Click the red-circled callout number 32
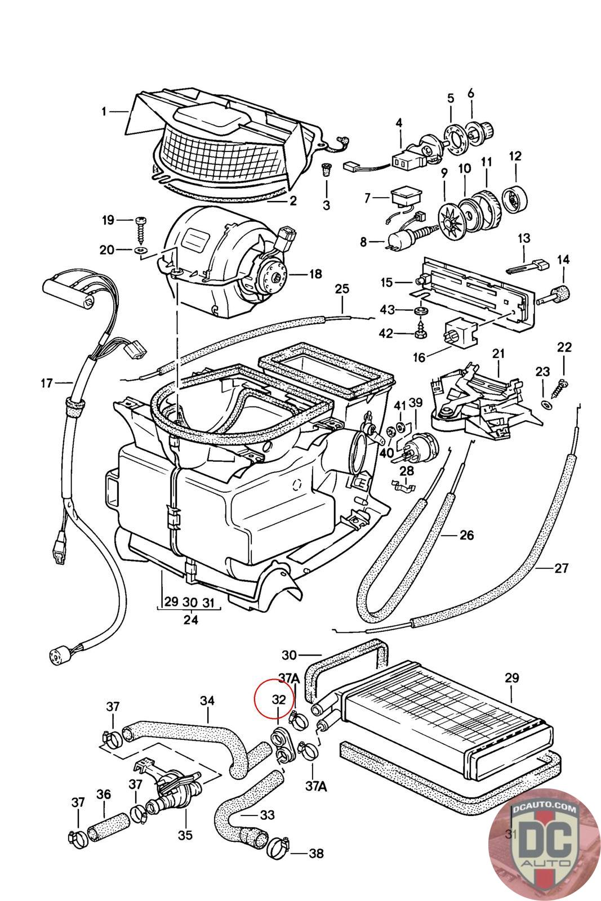point(279,699)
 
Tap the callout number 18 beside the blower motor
point(315,274)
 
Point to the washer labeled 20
point(140,248)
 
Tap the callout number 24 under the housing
point(191,619)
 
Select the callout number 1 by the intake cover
point(104,111)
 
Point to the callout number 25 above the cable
point(342,289)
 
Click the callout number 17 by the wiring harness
point(47,383)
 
